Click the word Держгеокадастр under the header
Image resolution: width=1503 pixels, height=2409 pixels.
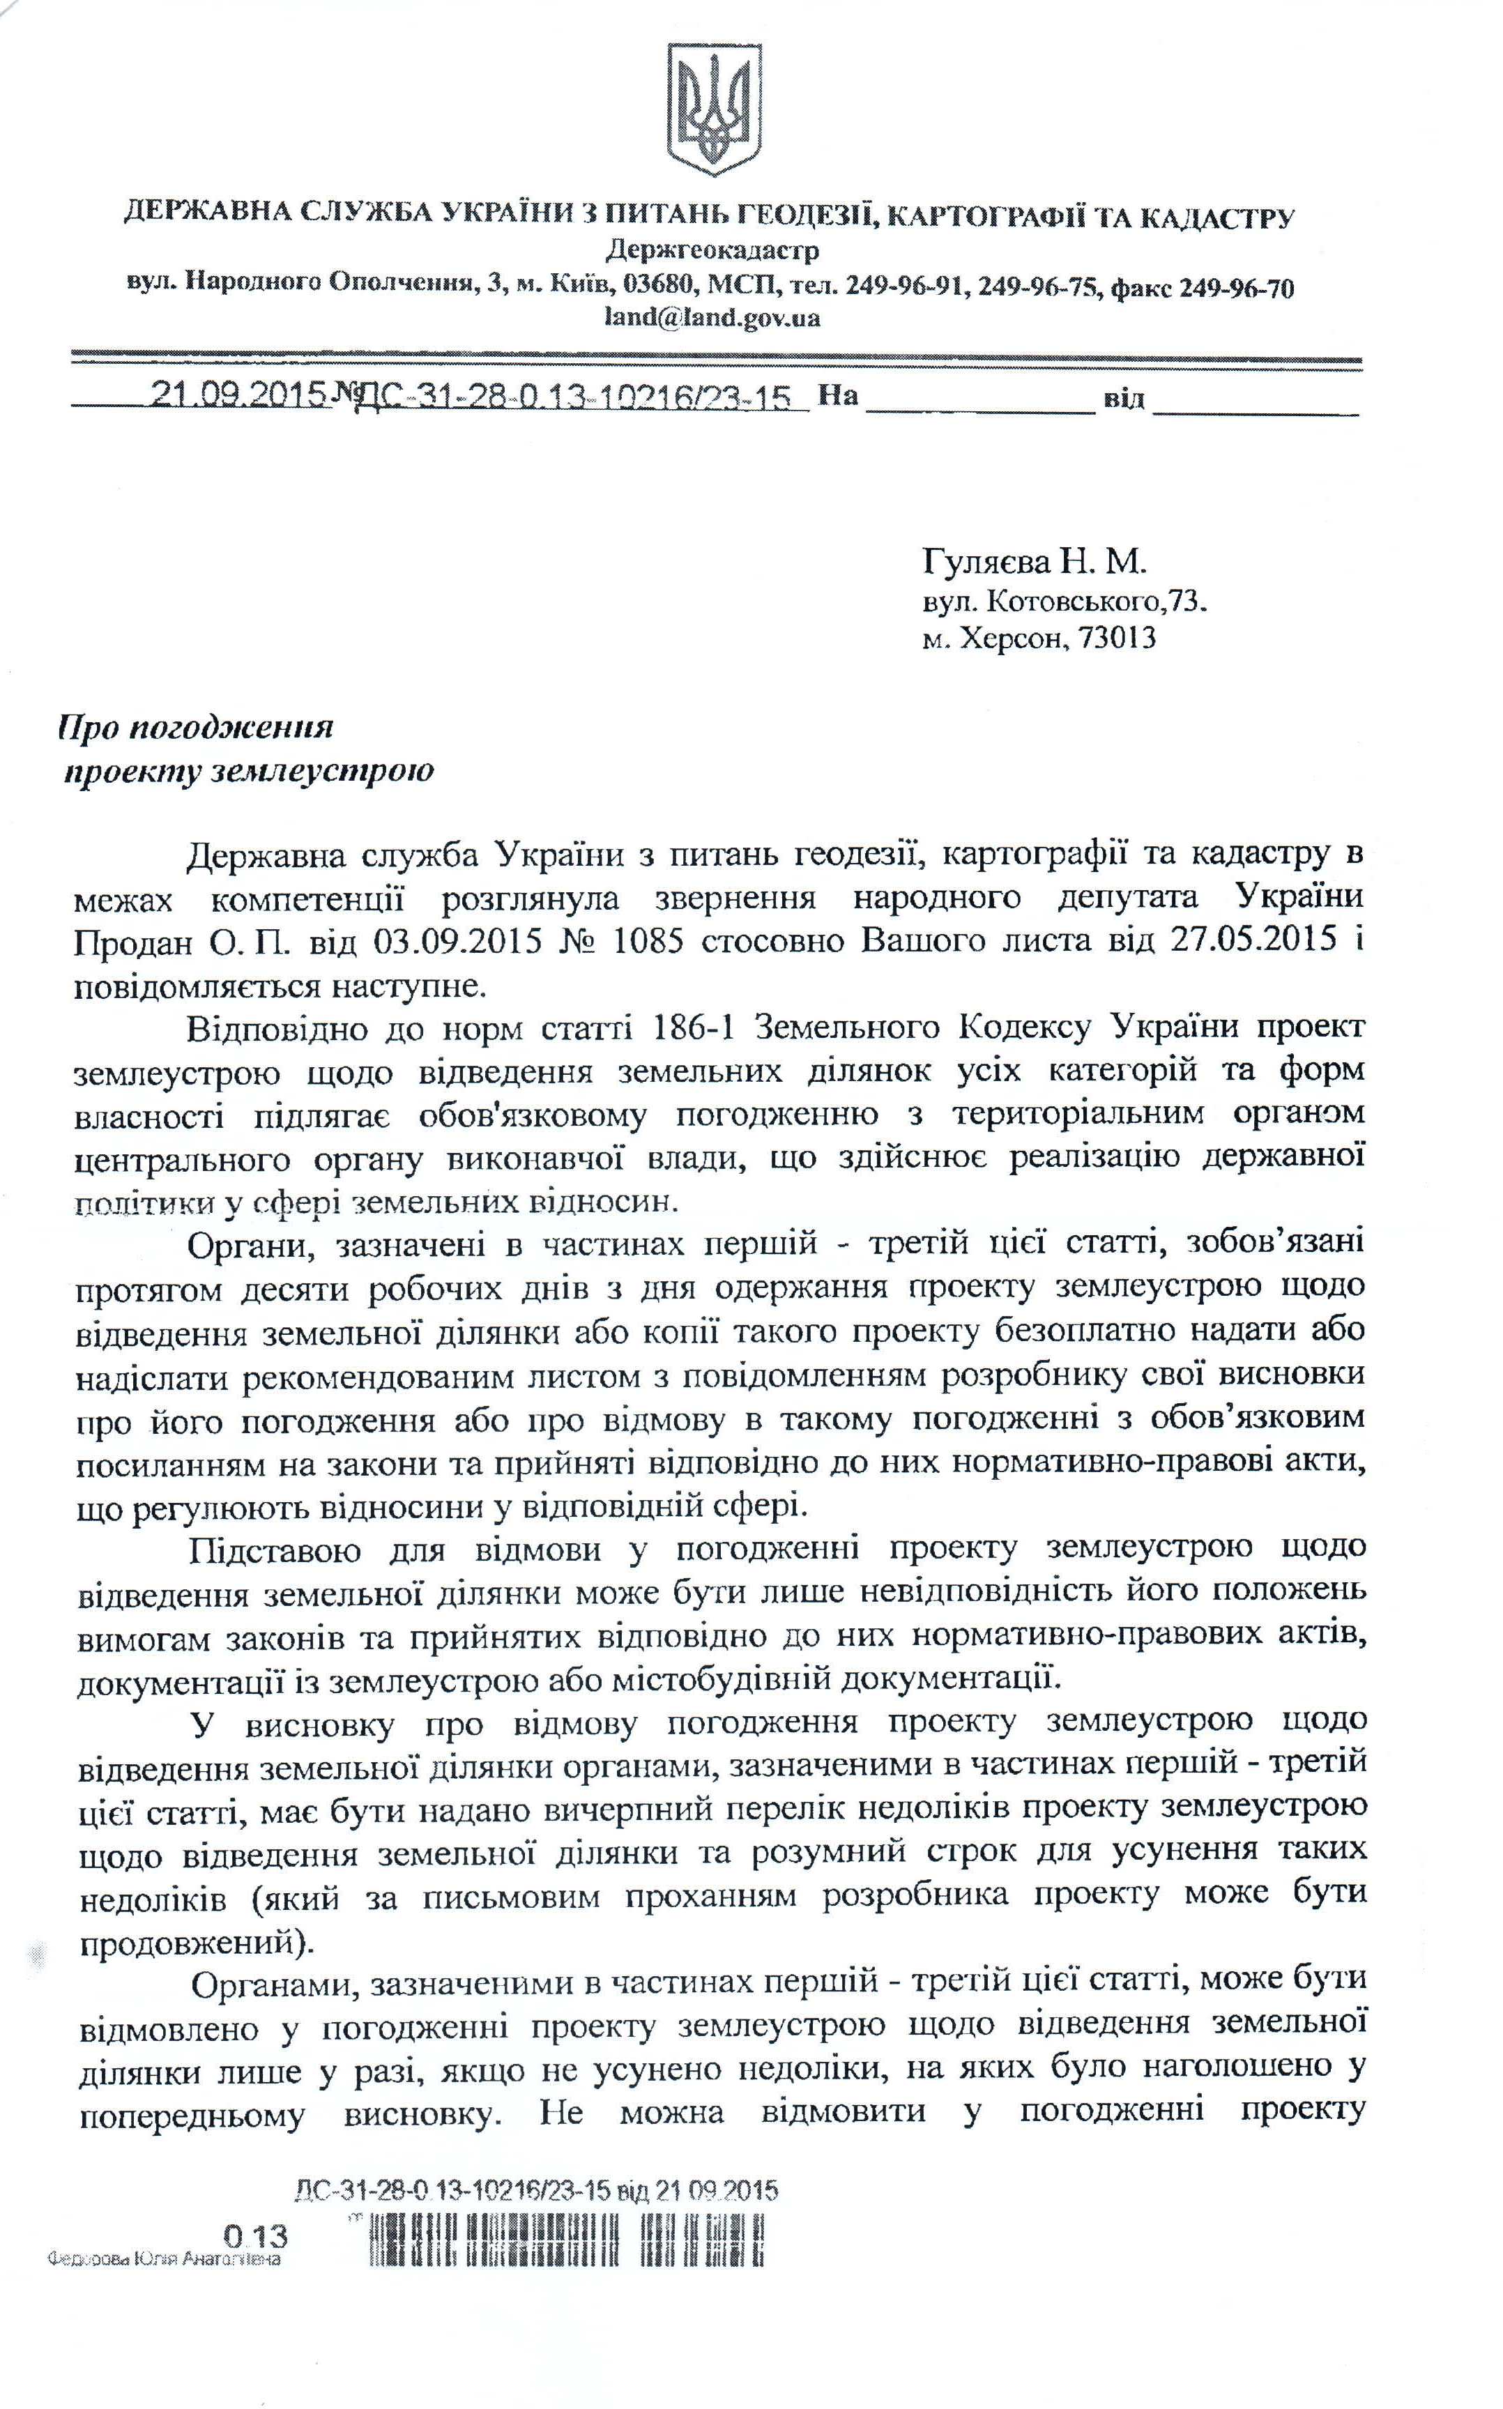[712, 250]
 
